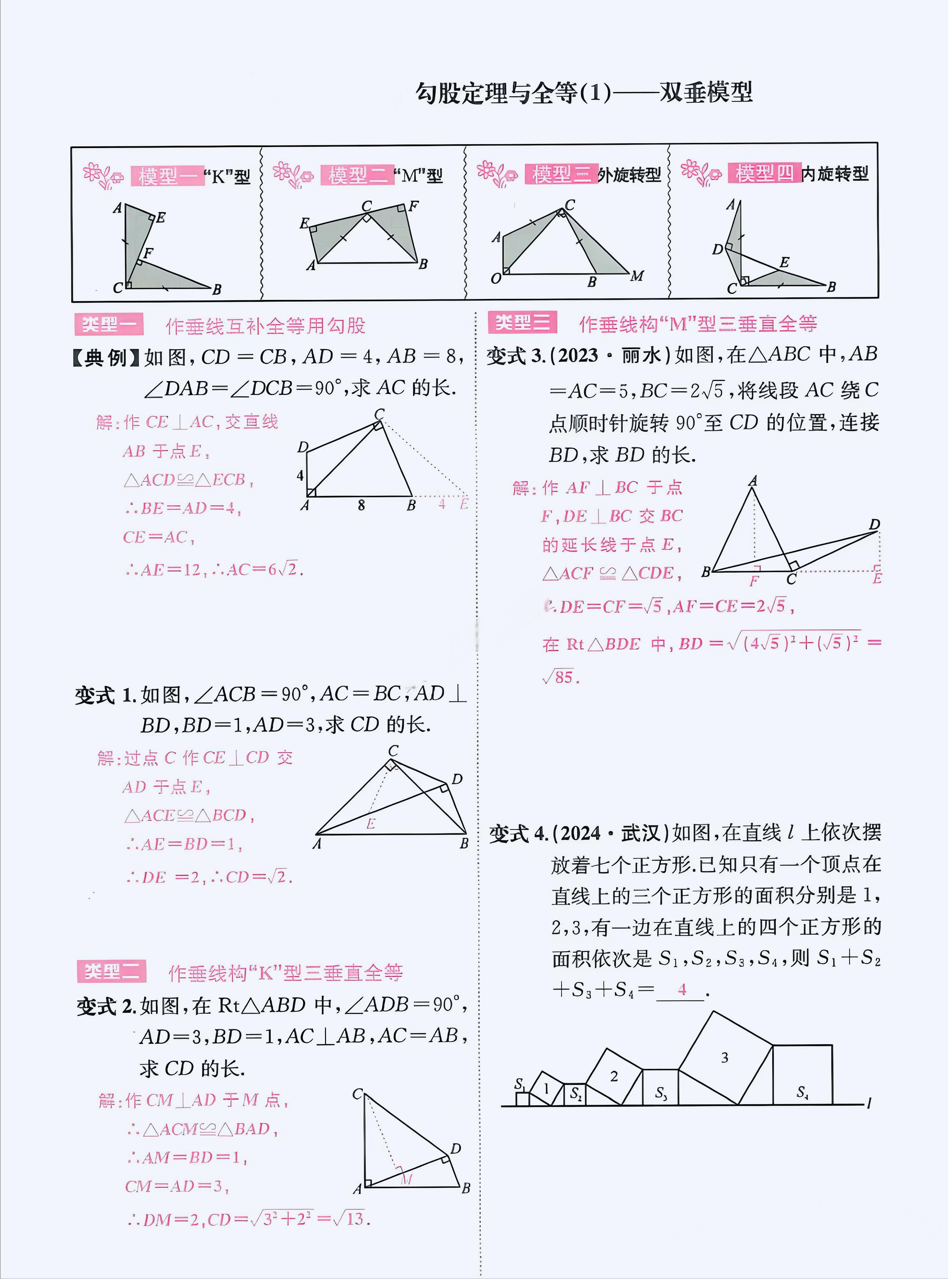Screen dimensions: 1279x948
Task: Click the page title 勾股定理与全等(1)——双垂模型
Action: (584, 93)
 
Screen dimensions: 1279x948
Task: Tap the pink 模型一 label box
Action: (167, 176)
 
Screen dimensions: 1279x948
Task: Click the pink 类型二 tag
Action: (111, 971)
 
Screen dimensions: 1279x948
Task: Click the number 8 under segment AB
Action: (361, 505)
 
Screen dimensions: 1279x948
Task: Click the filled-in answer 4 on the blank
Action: (682, 989)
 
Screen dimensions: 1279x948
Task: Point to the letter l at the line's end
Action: (869, 1103)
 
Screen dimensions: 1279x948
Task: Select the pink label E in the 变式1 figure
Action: (371, 824)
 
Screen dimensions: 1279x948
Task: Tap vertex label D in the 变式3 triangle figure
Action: (874, 524)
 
